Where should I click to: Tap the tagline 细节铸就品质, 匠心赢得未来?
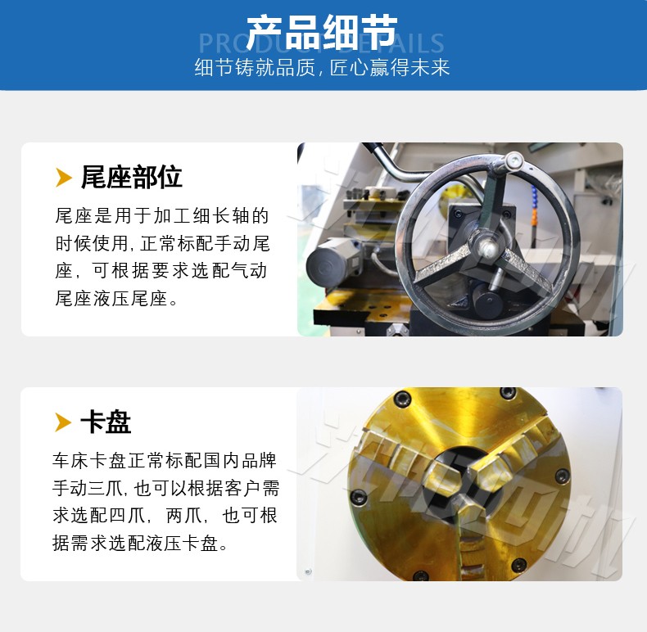pos(322,67)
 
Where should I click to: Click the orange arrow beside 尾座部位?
pos(64,178)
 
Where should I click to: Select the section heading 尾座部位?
pos(131,177)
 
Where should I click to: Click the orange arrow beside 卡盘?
pos(63,422)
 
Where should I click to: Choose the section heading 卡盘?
pos(106,422)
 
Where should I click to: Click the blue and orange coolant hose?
pos(535,206)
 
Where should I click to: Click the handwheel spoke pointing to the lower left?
pos(444,264)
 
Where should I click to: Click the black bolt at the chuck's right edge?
pos(562,476)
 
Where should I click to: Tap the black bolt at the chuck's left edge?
pos(359,497)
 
